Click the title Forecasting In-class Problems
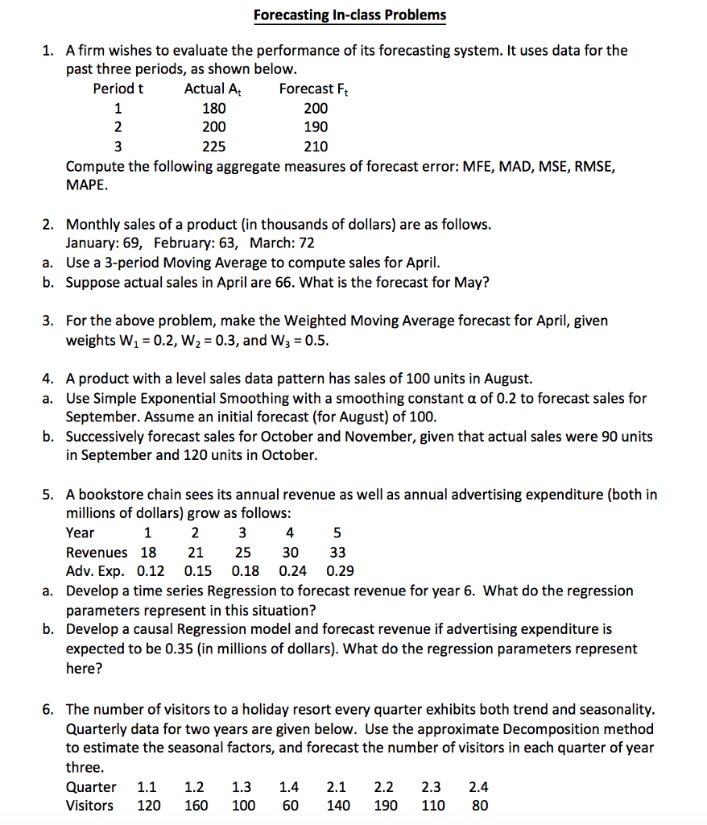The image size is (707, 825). [x=349, y=15]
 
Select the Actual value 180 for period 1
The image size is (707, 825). [x=214, y=108]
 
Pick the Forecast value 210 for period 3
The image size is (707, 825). [x=316, y=147]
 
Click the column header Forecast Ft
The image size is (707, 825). [x=314, y=89]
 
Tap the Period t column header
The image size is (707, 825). [x=118, y=89]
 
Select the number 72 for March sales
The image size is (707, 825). [x=306, y=243]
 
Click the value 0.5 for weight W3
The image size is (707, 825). [x=316, y=340]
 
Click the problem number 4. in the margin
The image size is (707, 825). [x=48, y=379]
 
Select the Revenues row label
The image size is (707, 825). [x=96, y=552]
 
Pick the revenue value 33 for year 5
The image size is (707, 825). [x=337, y=552]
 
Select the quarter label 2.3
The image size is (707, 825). [x=431, y=786]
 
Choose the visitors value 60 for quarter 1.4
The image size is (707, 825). [x=290, y=805]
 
